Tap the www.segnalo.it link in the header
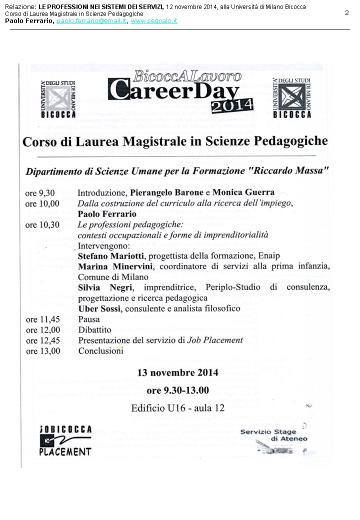point(154,21)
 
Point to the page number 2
point(347,13)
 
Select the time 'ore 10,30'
point(42,225)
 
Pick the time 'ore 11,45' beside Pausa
point(42,319)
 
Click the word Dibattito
point(95,330)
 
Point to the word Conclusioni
point(100,351)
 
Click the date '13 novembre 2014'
point(177,372)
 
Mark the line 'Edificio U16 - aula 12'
point(177,408)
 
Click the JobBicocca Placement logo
point(65,440)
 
